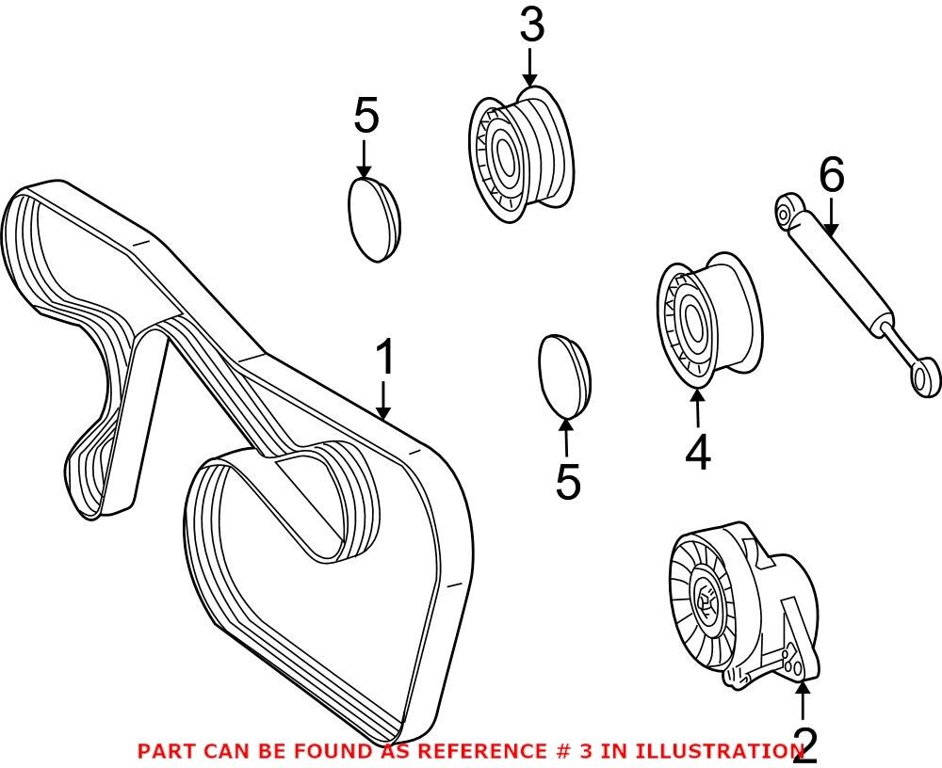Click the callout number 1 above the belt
click(x=384, y=360)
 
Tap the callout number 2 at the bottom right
click(x=805, y=746)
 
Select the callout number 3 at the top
click(x=531, y=26)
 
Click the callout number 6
click(x=831, y=176)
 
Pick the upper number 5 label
click(x=365, y=118)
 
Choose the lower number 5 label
click(x=567, y=482)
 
